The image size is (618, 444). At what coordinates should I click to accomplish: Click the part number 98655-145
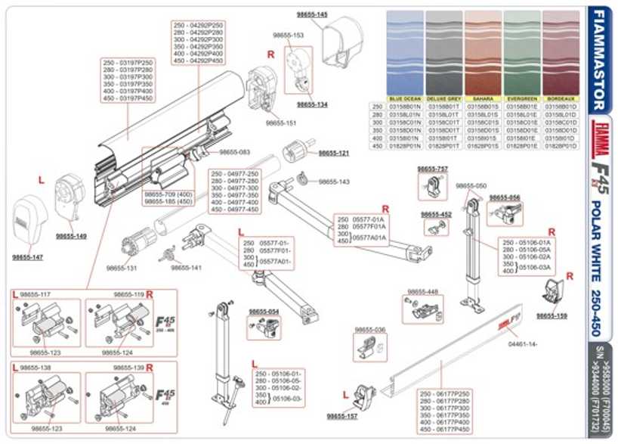click(x=312, y=15)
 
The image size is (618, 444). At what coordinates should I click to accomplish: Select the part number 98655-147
click(x=27, y=258)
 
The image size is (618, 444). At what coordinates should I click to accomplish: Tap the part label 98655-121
click(x=334, y=153)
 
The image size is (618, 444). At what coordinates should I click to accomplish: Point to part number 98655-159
click(x=552, y=315)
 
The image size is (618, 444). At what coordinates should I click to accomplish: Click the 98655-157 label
click(x=342, y=416)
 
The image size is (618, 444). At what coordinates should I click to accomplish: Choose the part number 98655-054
click(x=264, y=311)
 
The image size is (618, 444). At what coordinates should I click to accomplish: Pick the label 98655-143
click(x=334, y=182)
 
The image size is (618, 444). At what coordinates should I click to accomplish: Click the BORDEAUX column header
click(x=561, y=99)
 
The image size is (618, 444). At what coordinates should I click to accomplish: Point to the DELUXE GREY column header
click(x=443, y=99)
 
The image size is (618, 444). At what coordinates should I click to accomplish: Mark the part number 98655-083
click(x=235, y=152)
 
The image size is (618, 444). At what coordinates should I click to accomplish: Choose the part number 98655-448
click(x=422, y=292)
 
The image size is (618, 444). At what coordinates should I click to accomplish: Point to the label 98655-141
click(x=186, y=267)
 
